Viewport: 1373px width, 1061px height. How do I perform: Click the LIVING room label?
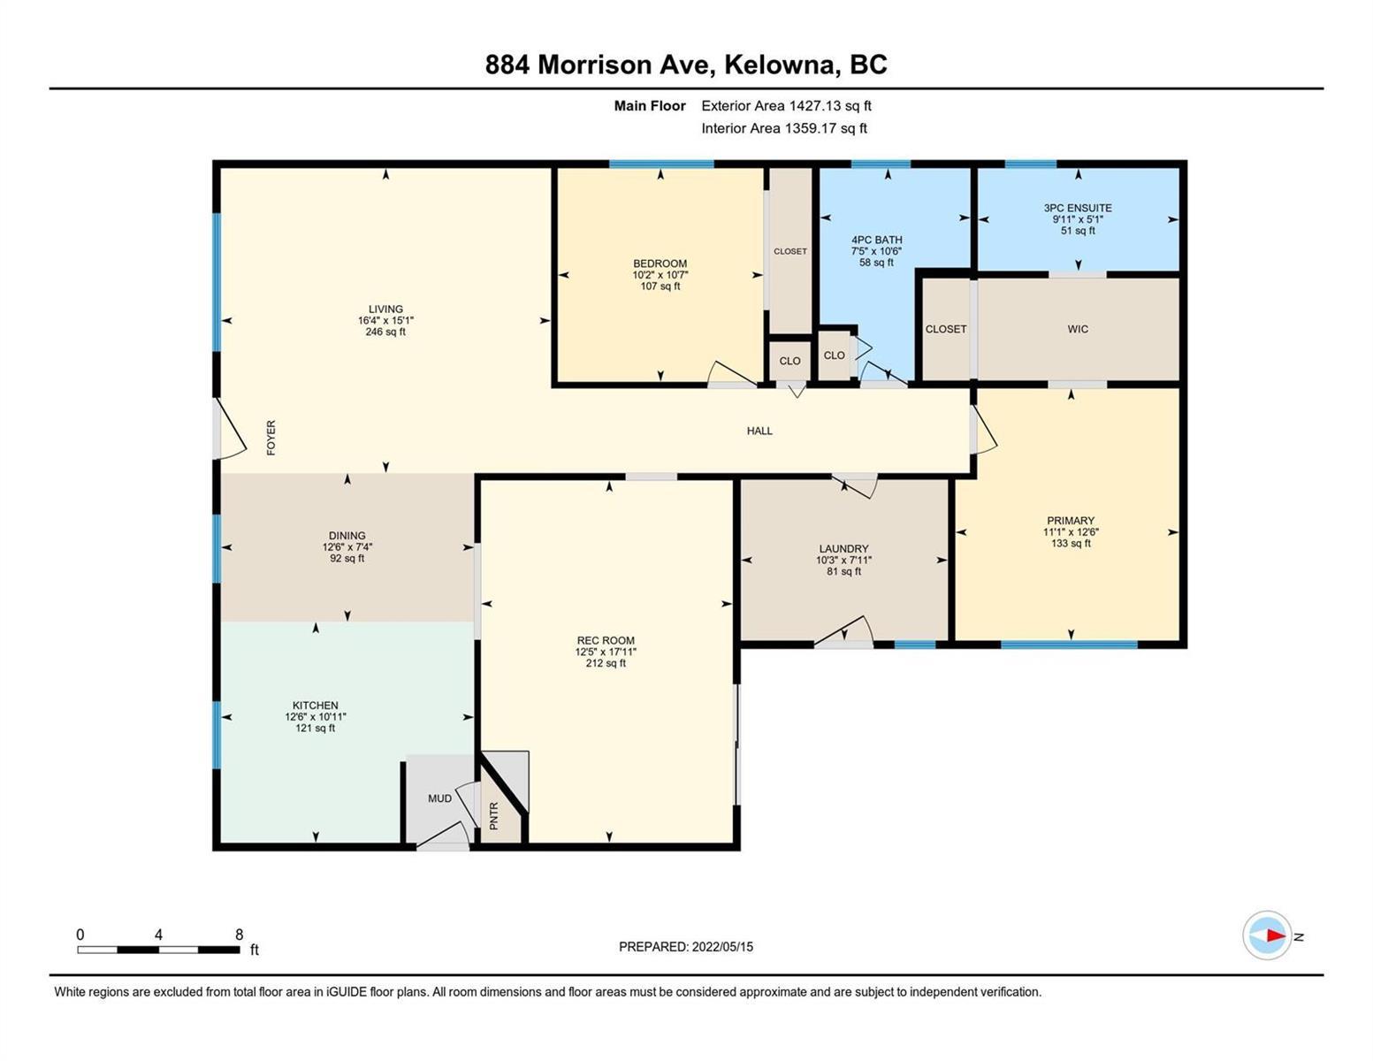coord(385,309)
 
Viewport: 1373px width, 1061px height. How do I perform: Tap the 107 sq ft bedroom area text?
coord(660,286)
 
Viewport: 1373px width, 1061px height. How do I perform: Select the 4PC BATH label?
coord(876,240)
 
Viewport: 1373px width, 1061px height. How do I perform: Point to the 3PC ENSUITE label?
coord(1078,207)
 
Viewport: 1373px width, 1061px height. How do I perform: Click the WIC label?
coord(1078,329)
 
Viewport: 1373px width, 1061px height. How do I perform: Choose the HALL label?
coord(759,431)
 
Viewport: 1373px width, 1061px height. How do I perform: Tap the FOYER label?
coord(271,438)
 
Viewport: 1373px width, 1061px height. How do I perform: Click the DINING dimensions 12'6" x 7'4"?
coord(347,546)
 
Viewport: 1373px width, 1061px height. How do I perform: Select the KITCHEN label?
coord(316,706)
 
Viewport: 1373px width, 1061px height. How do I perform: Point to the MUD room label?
coord(439,798)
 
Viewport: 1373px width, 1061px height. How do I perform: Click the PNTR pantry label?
coord(494,816)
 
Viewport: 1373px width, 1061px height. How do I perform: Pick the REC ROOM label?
coord(606,640)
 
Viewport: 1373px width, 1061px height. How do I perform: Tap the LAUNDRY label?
coord(843,548)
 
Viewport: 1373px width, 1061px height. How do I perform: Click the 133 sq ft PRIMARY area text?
coord(1071,543)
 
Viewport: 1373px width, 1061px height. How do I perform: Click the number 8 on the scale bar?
coord(239,935)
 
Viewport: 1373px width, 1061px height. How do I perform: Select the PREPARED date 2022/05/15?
coord(722,947)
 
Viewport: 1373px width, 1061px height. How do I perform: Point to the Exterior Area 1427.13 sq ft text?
coord(786,105)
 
